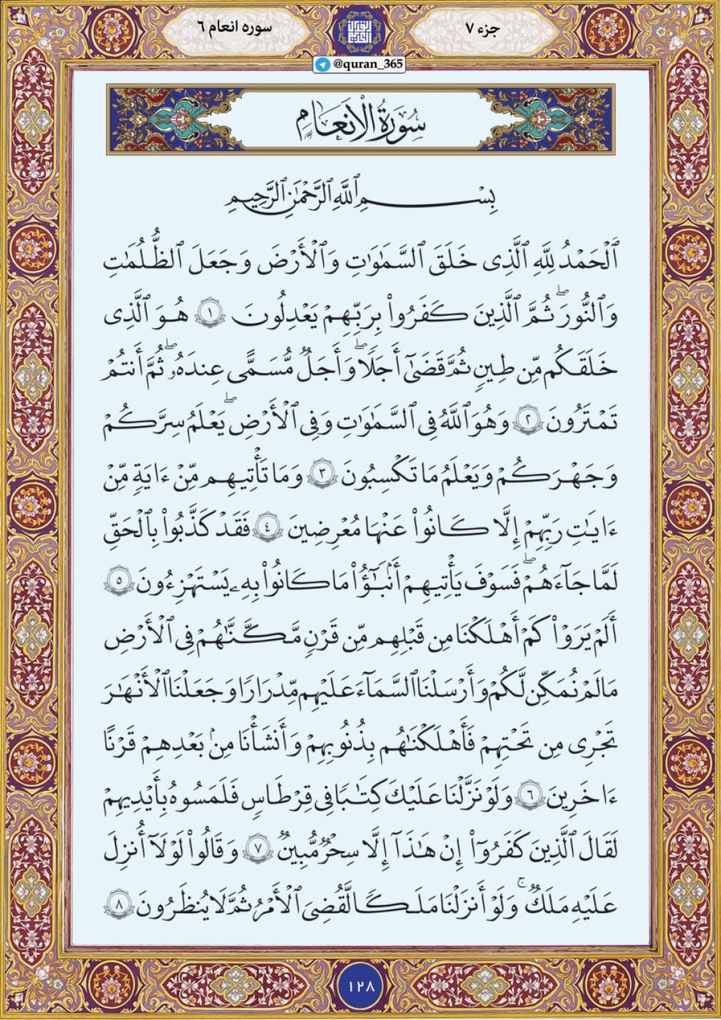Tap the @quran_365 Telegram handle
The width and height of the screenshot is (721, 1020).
click(367, 65)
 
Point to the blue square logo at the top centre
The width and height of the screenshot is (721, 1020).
click(360, 30)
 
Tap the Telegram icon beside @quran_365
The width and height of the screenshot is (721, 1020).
click(324, 65)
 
